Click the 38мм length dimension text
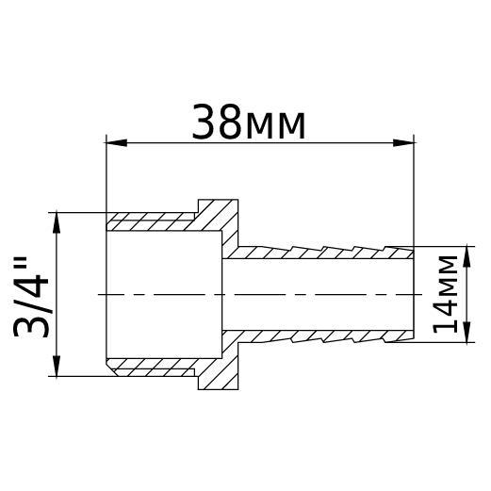(x=249, y=123)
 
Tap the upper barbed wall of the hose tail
(x=320, y=253)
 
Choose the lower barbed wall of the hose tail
(x=320, y=336)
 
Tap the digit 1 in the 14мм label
(x=444, y=324)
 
